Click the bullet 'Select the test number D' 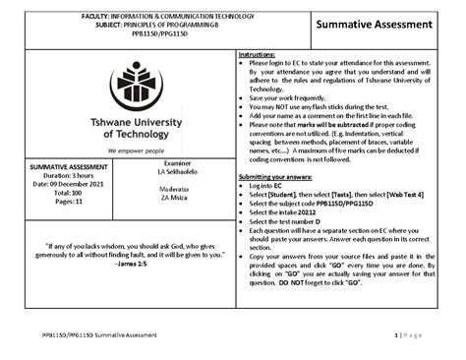tap(300, 223)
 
